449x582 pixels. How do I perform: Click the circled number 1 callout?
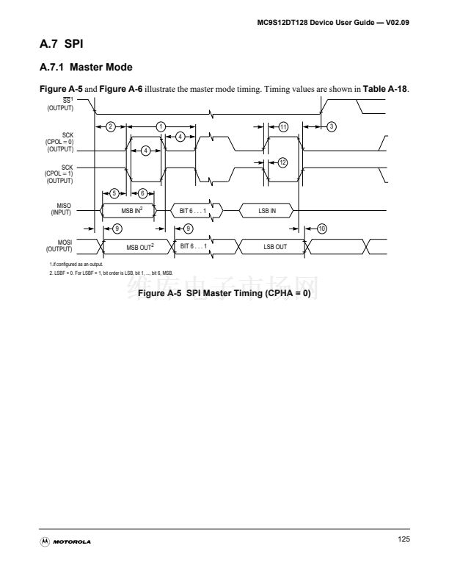(161, 126)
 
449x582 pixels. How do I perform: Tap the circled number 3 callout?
(332, 126)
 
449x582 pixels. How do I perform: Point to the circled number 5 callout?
(114, 193)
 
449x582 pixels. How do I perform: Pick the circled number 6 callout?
(143, 193)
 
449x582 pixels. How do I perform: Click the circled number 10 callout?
(321, 229)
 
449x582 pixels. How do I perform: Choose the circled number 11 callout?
(283, 126)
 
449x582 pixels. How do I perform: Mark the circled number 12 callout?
(282, 162)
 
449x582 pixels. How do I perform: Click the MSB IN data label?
(132, 211)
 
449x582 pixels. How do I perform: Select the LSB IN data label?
(267, 211)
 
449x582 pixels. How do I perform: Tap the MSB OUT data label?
(140, 247)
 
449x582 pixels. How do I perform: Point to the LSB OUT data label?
(275, 247)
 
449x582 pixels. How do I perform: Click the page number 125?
(403, 539)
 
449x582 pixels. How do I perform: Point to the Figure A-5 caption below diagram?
(224, 293)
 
